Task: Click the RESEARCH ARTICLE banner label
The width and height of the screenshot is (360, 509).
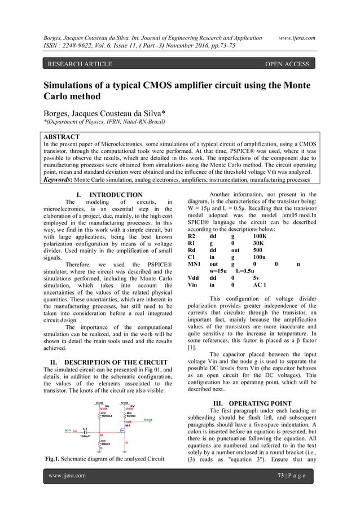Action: pyautogui.click(x=80, y=64)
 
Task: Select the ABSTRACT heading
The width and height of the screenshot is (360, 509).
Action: pyautogui.click(x=62, y=137)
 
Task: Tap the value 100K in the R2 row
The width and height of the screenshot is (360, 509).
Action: pyautogui.click(x=260, y=236)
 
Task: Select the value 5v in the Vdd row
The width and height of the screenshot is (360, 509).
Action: pyautogui.click(x=256, y=278)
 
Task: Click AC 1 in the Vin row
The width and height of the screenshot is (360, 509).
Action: pyautogui.click(x=260, y=286)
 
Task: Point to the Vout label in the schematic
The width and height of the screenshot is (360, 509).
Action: pyautogui.click(x=147, y=420)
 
